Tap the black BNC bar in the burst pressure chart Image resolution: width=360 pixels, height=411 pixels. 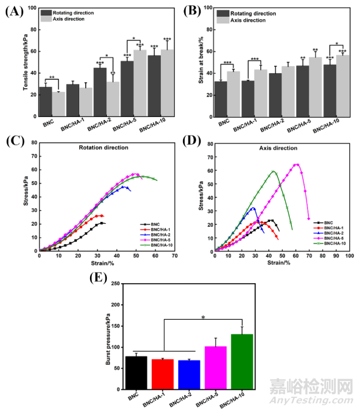(x=137, y=373)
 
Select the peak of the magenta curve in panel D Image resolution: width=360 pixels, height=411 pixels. (x=296, y=164)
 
